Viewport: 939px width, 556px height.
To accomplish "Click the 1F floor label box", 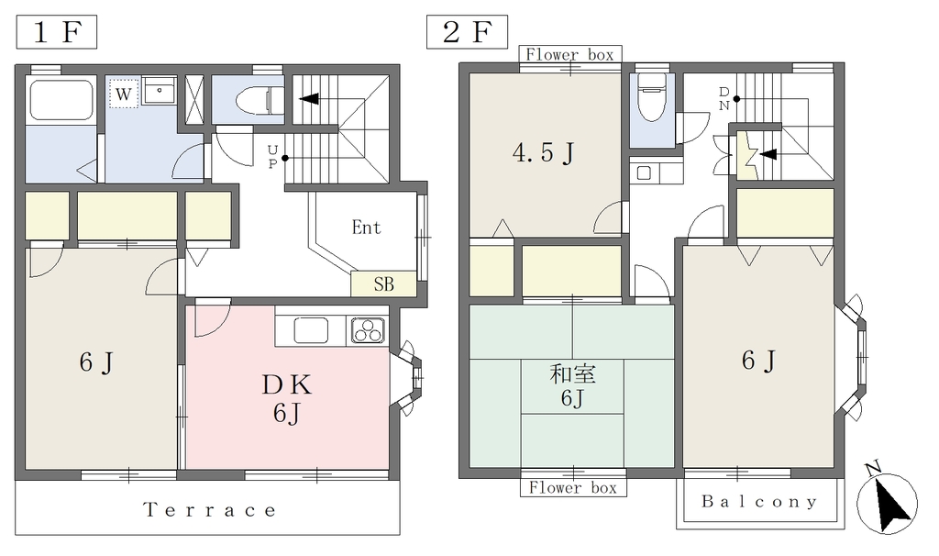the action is coord(56,32).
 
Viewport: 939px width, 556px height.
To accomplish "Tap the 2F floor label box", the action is coord(467,32).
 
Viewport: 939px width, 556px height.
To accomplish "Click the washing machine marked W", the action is coord(124,94).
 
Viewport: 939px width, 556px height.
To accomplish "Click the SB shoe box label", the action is coord(384,284).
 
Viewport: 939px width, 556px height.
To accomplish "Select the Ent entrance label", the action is coord(366,227).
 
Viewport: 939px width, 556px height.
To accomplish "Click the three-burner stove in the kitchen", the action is coord(368,330).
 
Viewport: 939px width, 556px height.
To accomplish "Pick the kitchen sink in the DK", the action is coord(310,330).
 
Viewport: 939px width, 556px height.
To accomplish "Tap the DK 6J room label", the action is coord(287,398).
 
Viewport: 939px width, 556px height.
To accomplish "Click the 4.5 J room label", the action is coord(544,153).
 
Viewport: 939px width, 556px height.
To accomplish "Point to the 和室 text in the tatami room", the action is coord(572,374).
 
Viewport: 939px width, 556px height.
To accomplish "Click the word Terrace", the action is coord(210,510).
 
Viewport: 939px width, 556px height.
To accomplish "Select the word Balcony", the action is coord(759,501).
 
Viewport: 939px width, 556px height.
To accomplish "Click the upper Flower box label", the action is coord(570,54).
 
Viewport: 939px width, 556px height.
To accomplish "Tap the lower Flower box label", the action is coord(573,488).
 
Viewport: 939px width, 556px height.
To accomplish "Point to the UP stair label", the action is coord(272,156).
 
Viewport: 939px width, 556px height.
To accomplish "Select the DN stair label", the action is coord(724,99).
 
